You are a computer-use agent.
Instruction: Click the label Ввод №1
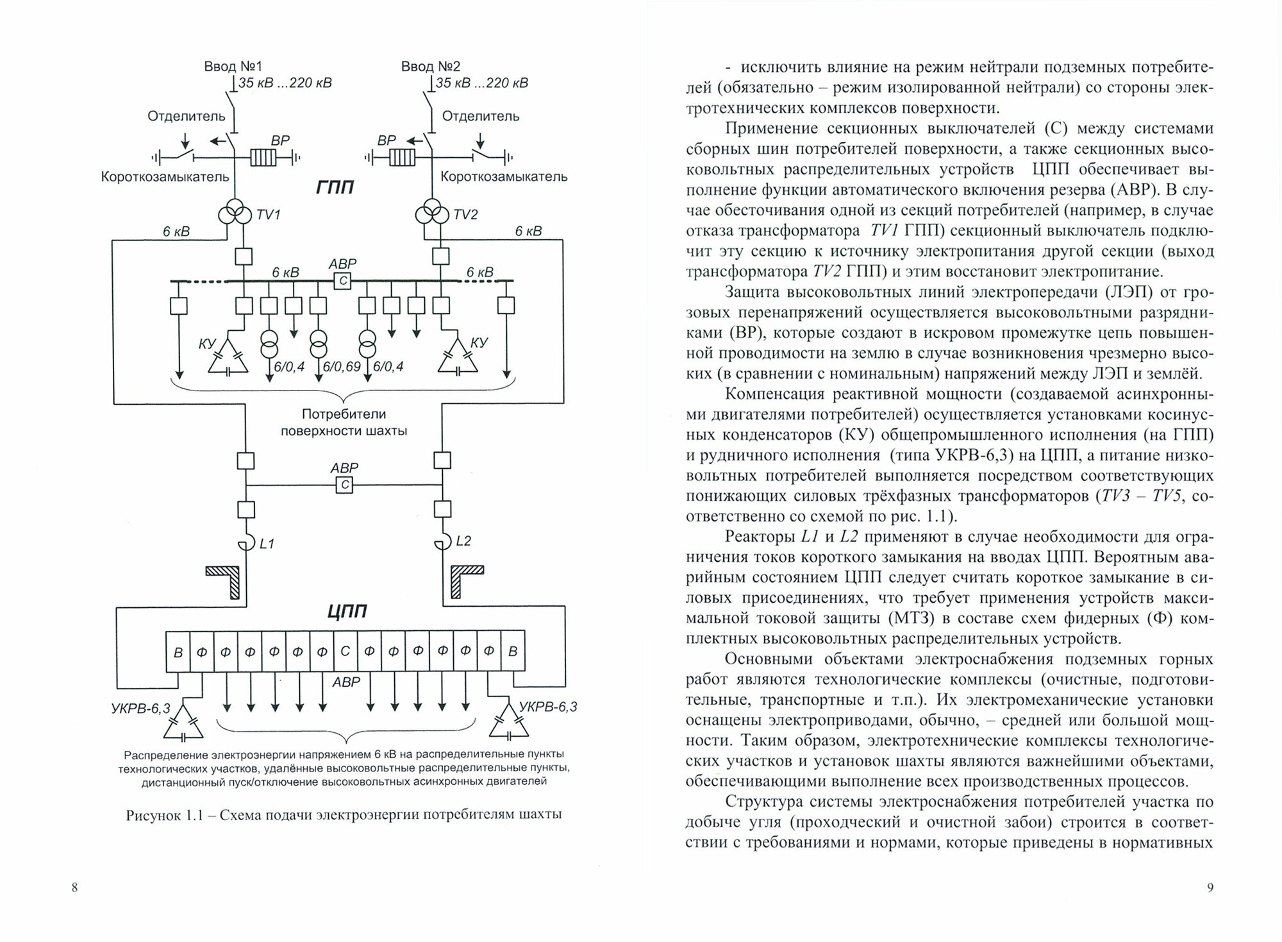(233, 66)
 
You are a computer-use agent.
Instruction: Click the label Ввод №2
(431, 66)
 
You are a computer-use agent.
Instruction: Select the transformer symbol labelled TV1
(236, 214)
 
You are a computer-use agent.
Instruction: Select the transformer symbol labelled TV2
(433, 214)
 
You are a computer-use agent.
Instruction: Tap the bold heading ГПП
(335, 187)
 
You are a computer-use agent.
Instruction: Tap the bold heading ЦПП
(347, 611)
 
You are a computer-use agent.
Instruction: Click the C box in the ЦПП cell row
(345, 652)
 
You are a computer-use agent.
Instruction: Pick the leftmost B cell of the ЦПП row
(178, 652)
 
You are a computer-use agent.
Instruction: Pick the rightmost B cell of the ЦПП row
(513, 652)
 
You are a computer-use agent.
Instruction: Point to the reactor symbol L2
(442, 543)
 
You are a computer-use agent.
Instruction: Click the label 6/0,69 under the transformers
(342, 367)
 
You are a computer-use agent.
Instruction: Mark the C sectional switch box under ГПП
(342, 280)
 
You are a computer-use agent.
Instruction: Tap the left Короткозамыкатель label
(165, 176)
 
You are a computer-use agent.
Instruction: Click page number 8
(75, 887)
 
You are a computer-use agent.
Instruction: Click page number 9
(1210, 887)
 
